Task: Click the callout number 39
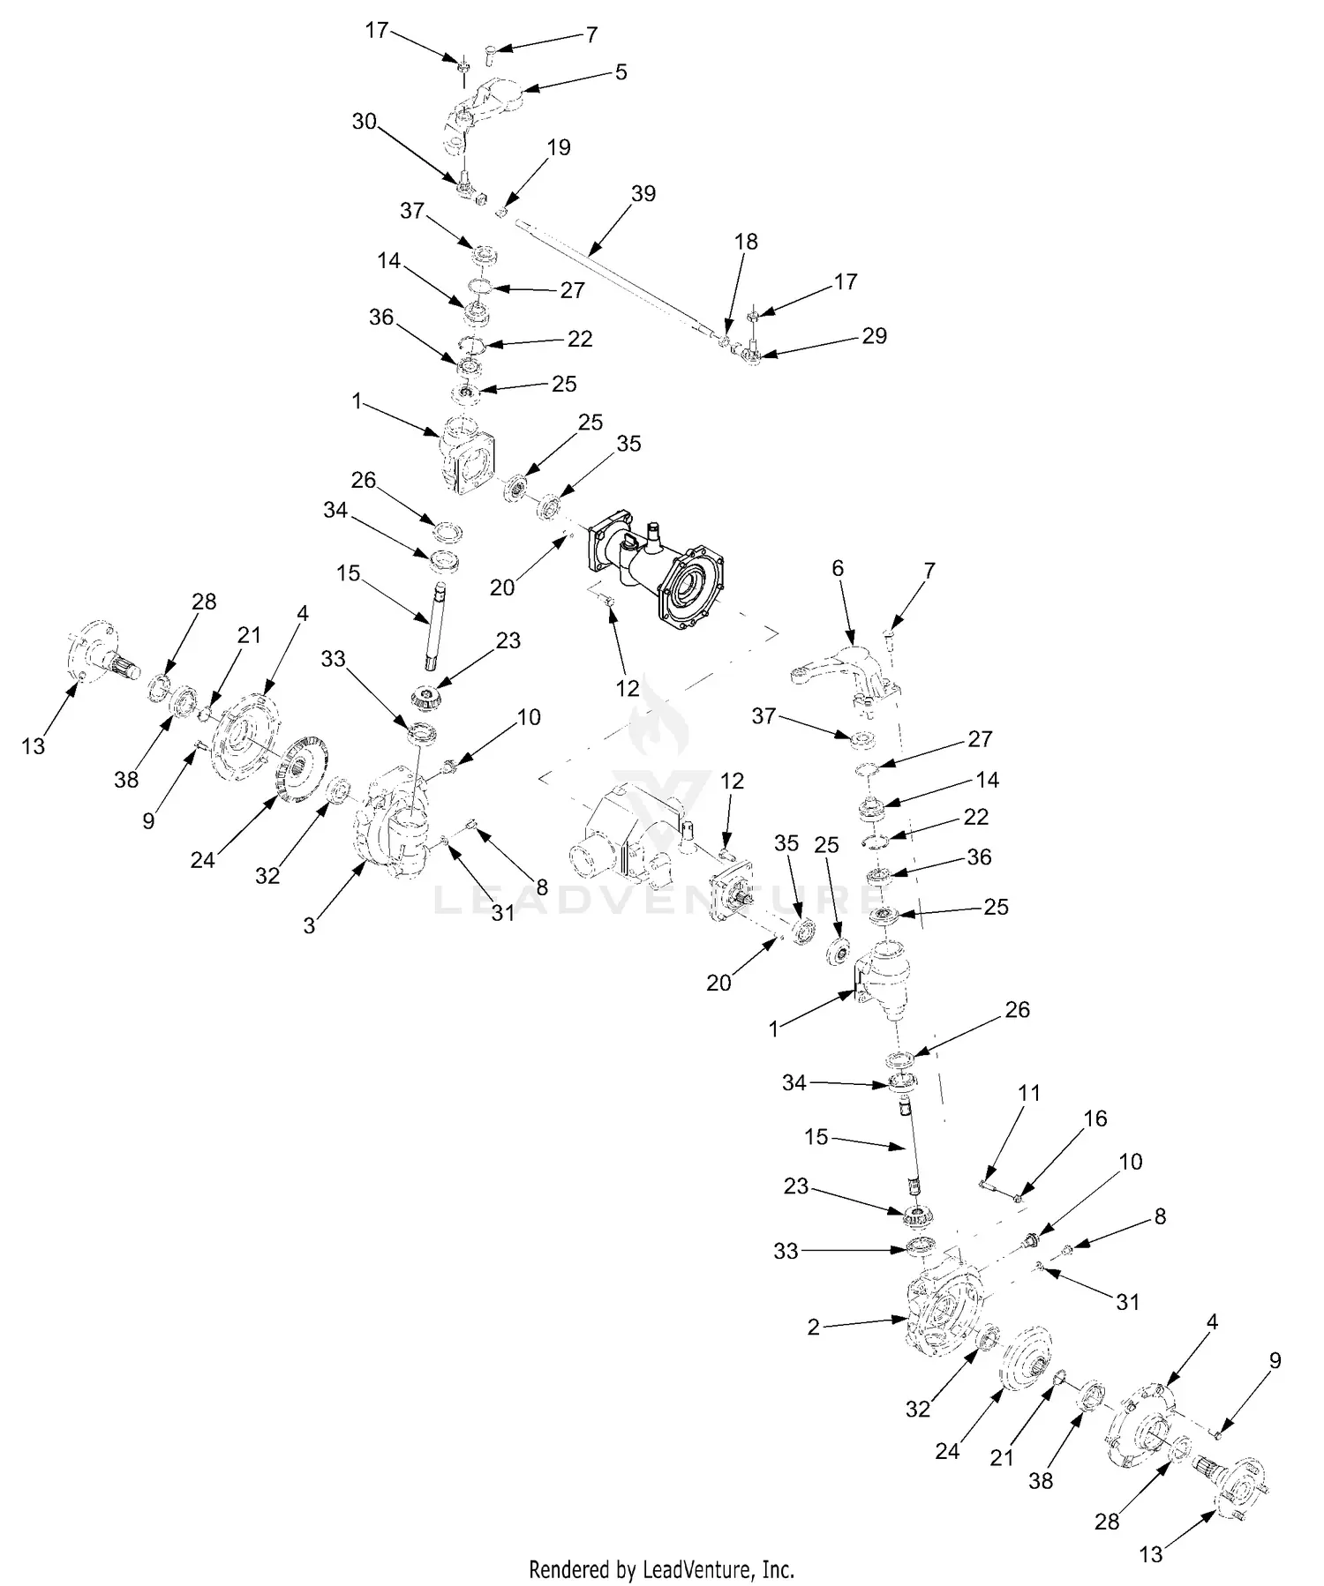click(643, 193)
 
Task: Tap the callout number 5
click(621, 71)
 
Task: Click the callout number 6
click(838, 569)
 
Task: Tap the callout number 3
click(309, 926)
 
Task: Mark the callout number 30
click(365, 122)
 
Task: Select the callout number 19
click(559, 147)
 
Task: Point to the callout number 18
click(746, 242)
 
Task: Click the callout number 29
click(874, 336)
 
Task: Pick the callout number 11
click(1028, 1093)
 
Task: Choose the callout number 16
click(1095, 1118)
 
